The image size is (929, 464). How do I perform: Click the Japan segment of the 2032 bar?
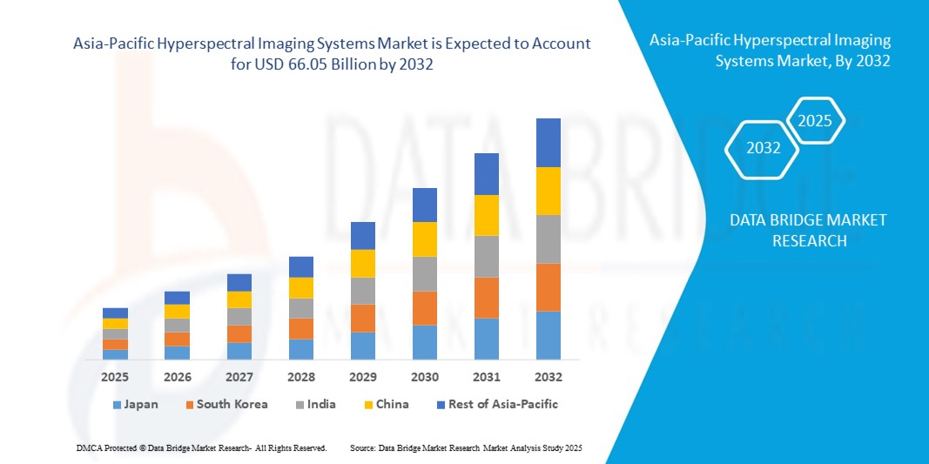coord(549,335)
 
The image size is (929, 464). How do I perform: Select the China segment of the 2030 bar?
coord(424,239)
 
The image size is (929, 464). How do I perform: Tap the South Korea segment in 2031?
coord(487,298)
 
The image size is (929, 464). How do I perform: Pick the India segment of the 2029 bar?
coord(362,291)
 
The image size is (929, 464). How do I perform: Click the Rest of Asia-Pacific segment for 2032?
coord(549,143)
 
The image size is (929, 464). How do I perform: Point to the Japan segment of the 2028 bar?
coord(300,349)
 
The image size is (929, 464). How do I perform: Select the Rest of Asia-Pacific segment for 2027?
coord(239,283)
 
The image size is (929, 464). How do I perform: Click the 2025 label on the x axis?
coord(115,377)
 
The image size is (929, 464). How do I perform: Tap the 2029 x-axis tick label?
coord(362,377)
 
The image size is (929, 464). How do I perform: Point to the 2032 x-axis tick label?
coord(549,377)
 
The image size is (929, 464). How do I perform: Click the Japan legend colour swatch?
coord(117,405)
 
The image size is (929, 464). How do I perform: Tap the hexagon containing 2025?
coord(815,121)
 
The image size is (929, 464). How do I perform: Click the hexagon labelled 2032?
coord(764,148)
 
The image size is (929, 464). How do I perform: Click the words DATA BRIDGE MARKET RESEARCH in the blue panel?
coord(809,231)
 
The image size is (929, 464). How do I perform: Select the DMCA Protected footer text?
coord(200,447)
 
